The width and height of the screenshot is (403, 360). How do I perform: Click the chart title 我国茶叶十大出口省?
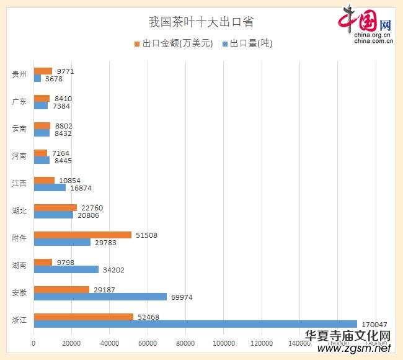201,22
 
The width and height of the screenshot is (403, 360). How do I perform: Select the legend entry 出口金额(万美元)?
173,43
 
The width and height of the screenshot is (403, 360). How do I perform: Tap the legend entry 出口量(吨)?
246,43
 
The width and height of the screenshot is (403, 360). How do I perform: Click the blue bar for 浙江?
195,324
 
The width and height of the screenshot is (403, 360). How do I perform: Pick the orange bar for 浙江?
83,317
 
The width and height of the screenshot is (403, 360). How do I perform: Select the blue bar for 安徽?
100,297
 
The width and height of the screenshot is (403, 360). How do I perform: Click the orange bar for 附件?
82,235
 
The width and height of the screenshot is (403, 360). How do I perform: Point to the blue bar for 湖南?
66,269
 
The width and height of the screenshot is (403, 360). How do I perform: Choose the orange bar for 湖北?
55,207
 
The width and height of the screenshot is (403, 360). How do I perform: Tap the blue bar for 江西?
50,187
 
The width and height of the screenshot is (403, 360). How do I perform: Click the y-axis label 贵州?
19,74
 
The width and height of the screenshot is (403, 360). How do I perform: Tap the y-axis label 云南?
19,129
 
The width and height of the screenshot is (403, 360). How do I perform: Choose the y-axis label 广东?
19,102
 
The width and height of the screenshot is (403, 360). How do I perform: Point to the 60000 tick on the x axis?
148,343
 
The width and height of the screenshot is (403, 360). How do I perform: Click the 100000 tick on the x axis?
223,343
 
